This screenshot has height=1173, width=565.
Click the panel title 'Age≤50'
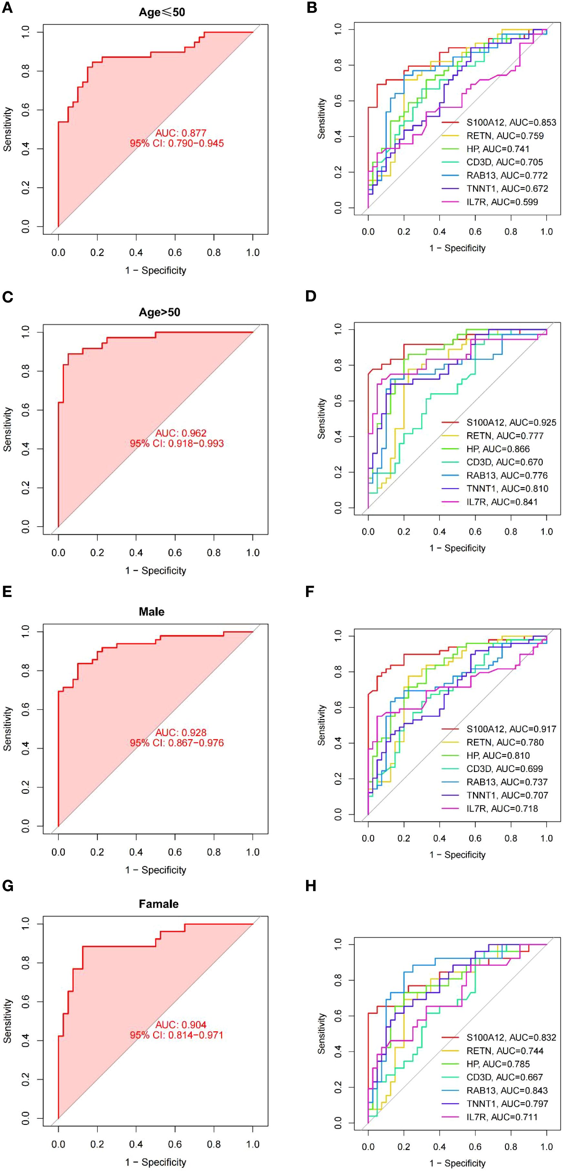pos(162,12)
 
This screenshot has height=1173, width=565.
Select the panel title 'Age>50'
pos(159,312)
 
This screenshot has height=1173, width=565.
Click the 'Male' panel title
pos(152,612)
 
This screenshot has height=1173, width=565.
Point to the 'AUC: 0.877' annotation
pos(181,133)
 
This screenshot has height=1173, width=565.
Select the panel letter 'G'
pos(8,886)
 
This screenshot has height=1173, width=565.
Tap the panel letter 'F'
pos(310,592)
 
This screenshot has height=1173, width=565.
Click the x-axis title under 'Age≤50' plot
pos(156,271)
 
